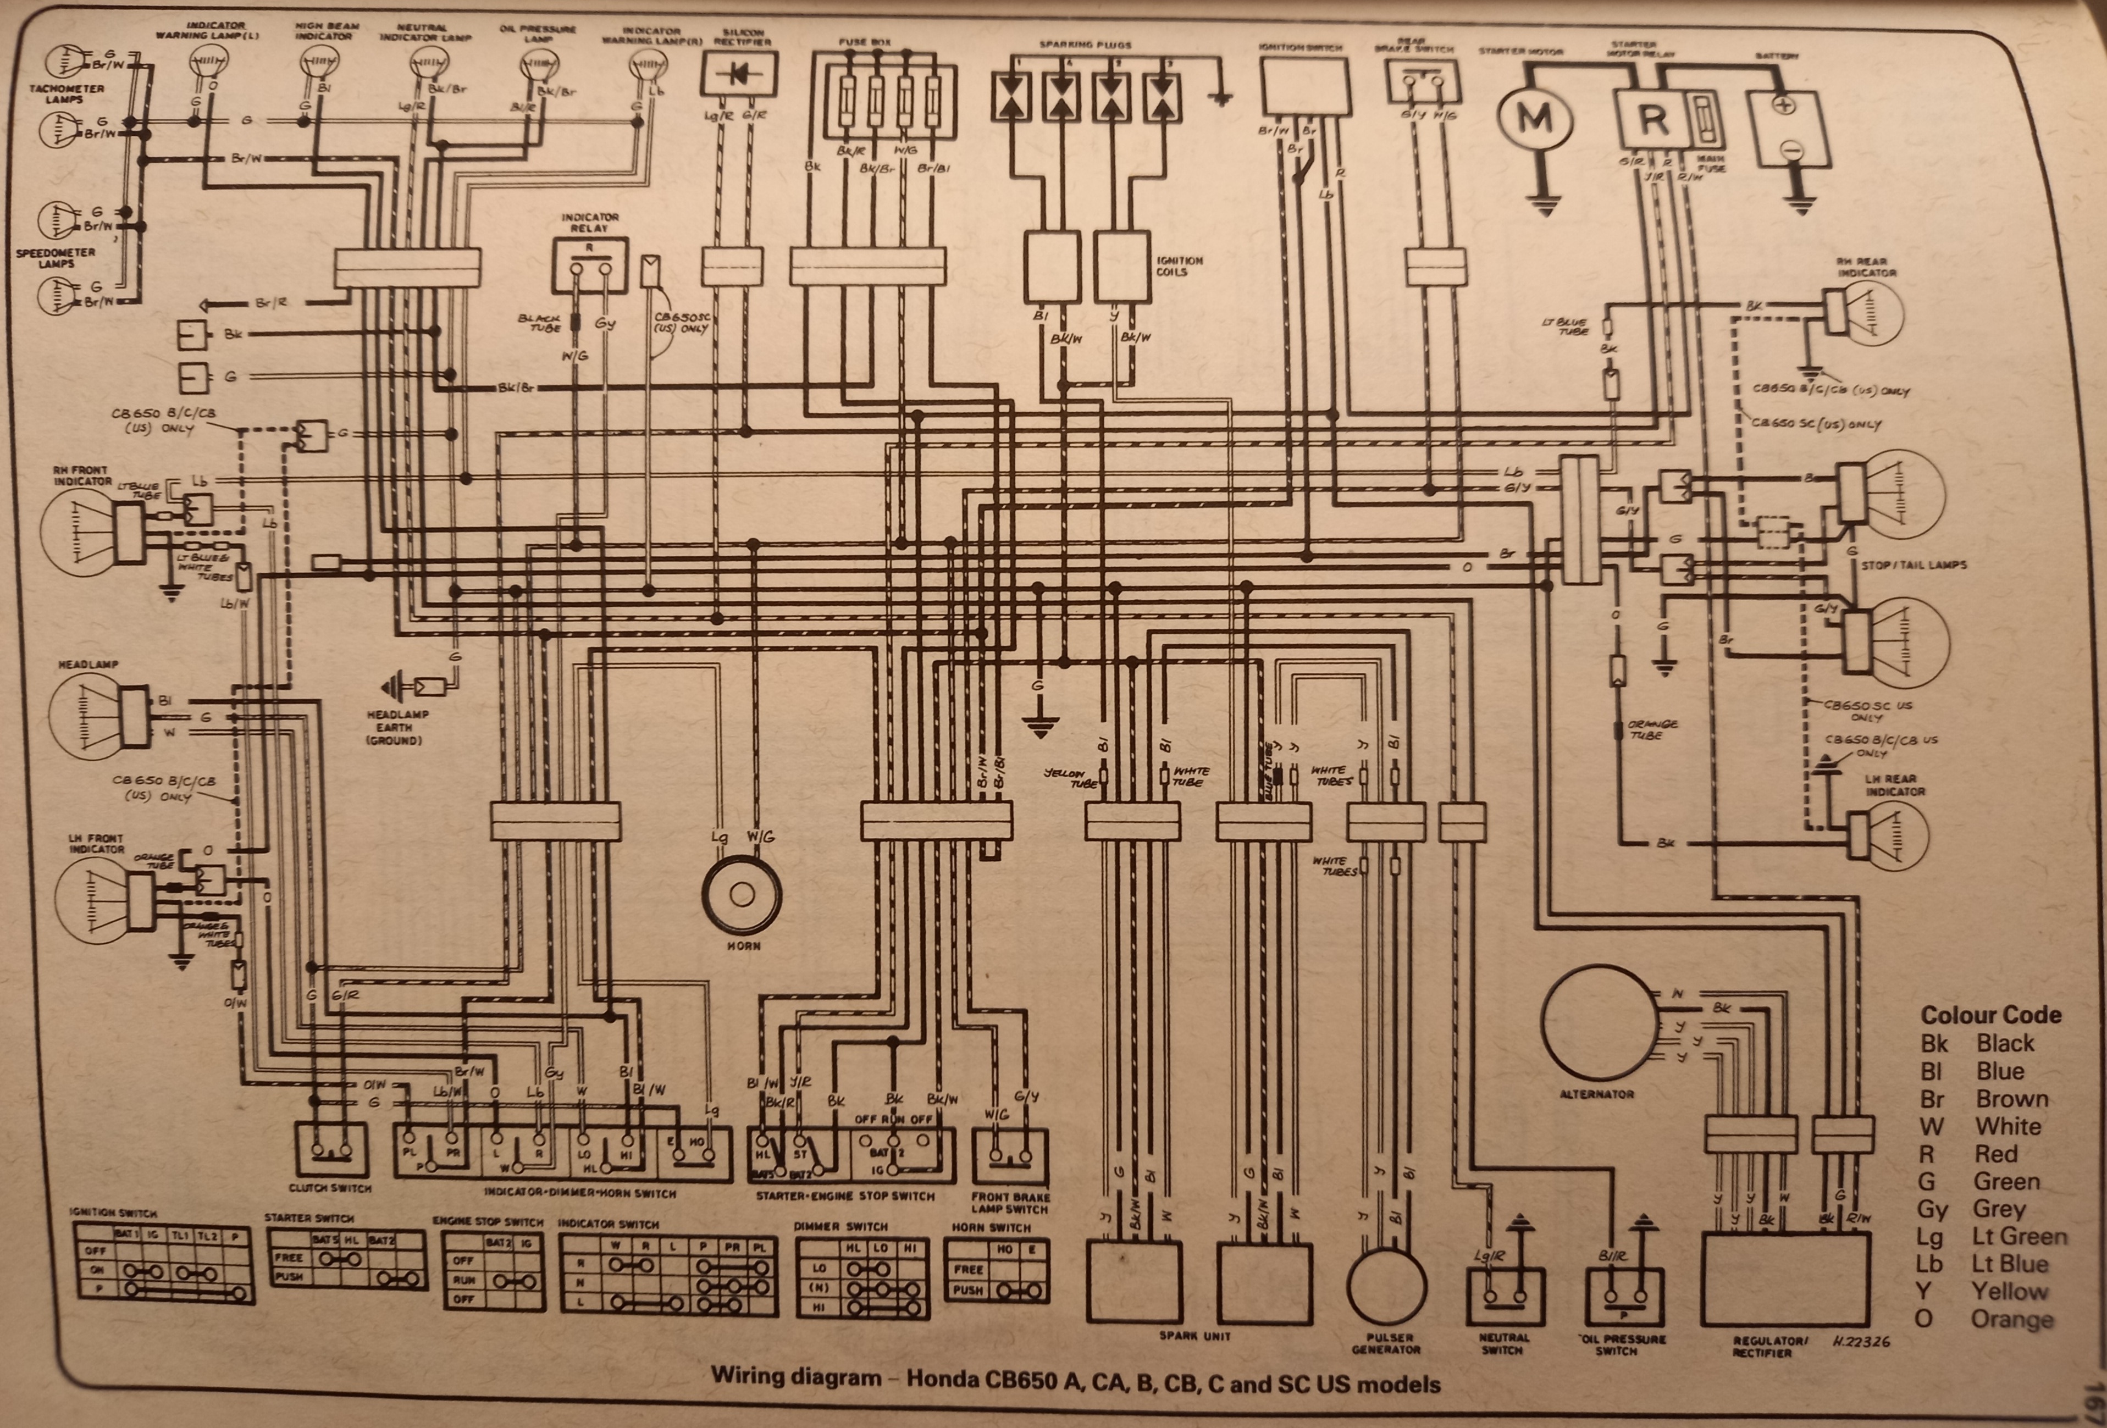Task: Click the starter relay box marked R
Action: [x=1652, y=118]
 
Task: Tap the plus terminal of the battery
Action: [x=1783, y=105]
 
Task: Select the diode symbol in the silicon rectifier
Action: [x=739, y=74]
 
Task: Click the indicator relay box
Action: [x=590, y=267]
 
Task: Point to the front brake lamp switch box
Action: [x=1010, y=1156]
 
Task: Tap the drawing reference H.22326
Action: [x=1860, y=1342]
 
